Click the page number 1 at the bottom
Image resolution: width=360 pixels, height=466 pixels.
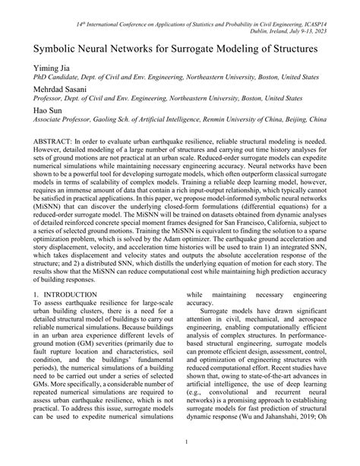pyautogui.click(x=180, y=442)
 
